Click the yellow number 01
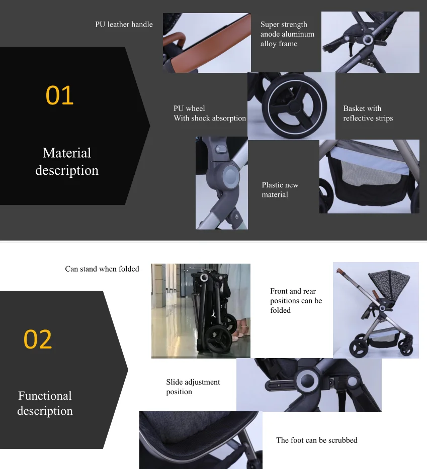pos(59,95)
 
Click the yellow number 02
pos(38,339)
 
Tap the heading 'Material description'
pos(67,162)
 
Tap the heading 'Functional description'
pos(45,403)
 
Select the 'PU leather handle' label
pos(124,24)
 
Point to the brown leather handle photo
pos(211,45)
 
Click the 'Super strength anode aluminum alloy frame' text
pos(287,34)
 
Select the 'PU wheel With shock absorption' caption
pos(210,113)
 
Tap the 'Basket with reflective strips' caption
pos(368,113)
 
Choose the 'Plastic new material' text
pos(280,190)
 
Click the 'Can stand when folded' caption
pos(102,269)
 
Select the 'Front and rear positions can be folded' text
pos(296,301)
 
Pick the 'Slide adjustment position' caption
pos(193,387)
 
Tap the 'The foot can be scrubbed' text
pos(316,440)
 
